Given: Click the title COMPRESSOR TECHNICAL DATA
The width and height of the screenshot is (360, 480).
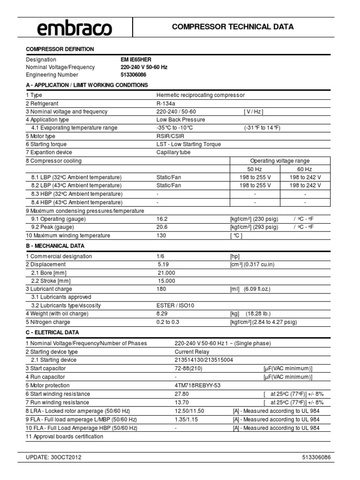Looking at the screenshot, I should click(232, 27).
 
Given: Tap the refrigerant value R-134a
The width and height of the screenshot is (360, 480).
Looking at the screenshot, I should click(165, 103).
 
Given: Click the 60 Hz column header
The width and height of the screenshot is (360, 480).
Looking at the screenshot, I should click(305, 169).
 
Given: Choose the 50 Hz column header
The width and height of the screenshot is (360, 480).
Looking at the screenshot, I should click(255, 169).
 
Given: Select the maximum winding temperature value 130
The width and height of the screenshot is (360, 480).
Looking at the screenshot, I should click(161, 235).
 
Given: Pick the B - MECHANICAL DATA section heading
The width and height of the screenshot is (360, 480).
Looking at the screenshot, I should click(55, 246).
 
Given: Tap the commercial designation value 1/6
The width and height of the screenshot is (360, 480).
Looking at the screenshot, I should click(161, 256).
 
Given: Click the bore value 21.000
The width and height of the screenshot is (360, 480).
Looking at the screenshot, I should click(166, 273).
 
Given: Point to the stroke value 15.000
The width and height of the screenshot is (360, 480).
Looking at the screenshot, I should click(166, 281).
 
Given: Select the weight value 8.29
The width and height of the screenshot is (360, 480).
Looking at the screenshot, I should click(162, 314).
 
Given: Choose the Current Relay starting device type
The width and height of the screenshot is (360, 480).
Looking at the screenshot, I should click(192, 352).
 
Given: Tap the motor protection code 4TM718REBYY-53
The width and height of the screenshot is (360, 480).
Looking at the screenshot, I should click(197, 385).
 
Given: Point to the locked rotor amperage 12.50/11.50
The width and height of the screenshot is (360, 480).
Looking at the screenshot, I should click(189, 411).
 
